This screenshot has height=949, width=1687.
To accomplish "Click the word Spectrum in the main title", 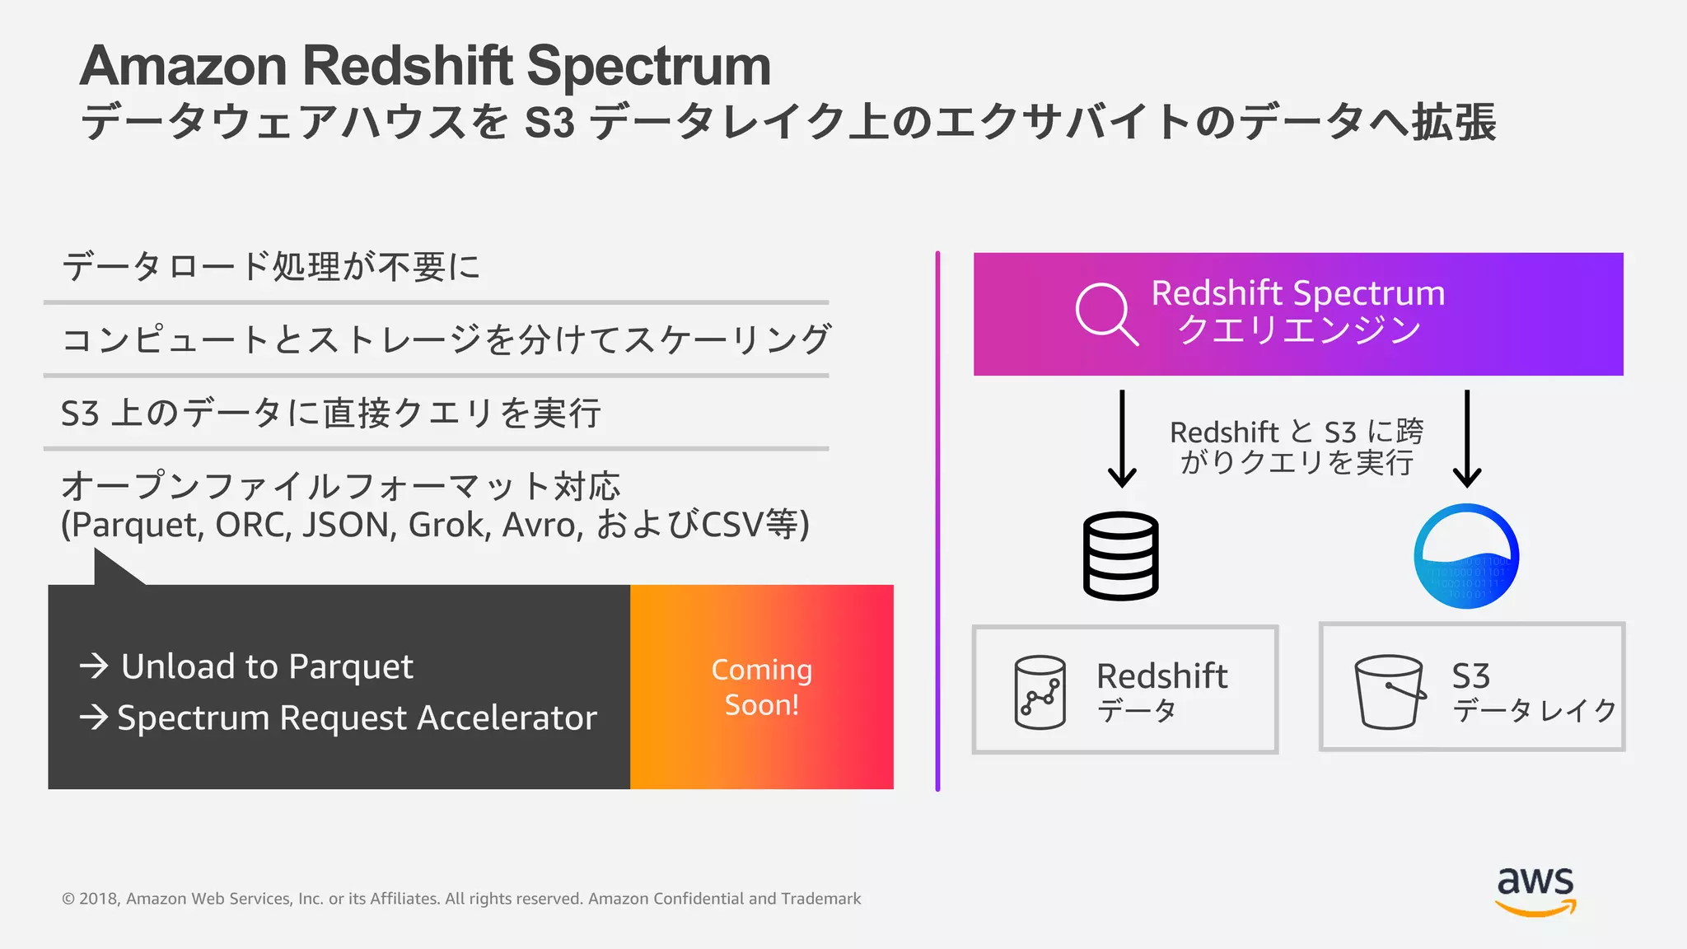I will point(648,66).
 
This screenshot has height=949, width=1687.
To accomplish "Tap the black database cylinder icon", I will point(1120,556).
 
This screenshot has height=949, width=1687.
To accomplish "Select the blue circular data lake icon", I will point(1466,556).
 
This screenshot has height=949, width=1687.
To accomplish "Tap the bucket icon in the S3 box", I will point(1390,691).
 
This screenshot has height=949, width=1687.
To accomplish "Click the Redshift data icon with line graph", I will point(1040,692).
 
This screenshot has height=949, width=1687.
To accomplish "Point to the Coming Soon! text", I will point(761,687).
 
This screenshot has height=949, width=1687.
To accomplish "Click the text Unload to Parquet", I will point(267,666).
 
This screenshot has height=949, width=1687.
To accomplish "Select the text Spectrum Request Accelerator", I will point(357,718).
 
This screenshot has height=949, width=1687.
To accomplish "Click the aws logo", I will point(1535,890).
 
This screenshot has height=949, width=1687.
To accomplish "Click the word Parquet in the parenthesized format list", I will point(137,525).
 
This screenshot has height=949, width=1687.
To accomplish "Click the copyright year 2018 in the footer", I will point(99,899).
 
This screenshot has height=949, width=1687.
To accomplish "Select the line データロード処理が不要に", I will point(271,267).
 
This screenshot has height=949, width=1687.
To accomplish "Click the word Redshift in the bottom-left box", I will point(1161,676).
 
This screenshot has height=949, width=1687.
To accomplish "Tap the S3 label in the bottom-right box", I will point(1470,676).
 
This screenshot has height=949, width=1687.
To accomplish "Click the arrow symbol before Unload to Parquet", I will point(95,666).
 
